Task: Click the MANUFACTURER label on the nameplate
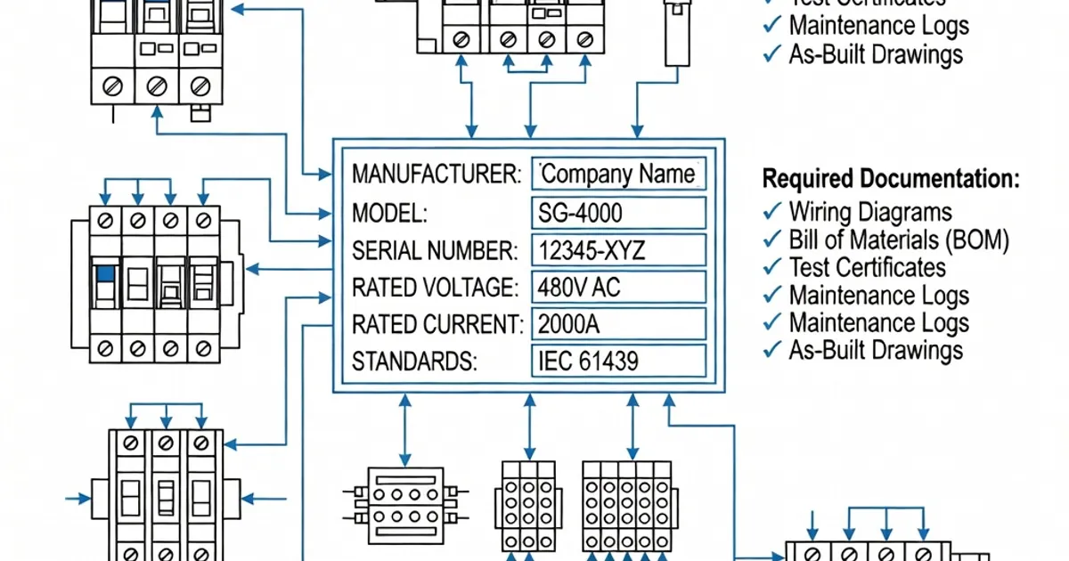coord(436,174)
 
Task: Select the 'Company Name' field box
coord(618,174)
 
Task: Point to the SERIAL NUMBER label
coord(434,251)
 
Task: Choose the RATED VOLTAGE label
coord(434,288)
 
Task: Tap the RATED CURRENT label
coord(437,324)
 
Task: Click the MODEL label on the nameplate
coord(390,213)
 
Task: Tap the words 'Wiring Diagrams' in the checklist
coord(870,212)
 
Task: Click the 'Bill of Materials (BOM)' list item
coord(899,240)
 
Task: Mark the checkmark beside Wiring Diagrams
coord(771,212)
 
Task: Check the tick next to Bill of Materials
coord(771,240)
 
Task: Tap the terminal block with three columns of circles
coord(528,506)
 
